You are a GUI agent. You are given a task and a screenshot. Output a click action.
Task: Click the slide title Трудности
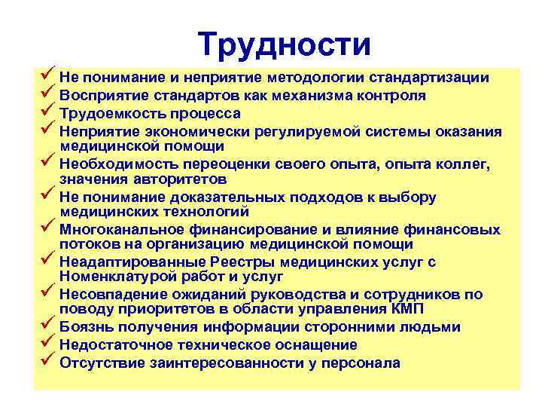pos(285,44)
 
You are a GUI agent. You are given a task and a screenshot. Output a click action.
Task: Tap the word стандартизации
pos(431,78)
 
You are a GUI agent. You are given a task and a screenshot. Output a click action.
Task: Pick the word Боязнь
pos(84,327)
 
